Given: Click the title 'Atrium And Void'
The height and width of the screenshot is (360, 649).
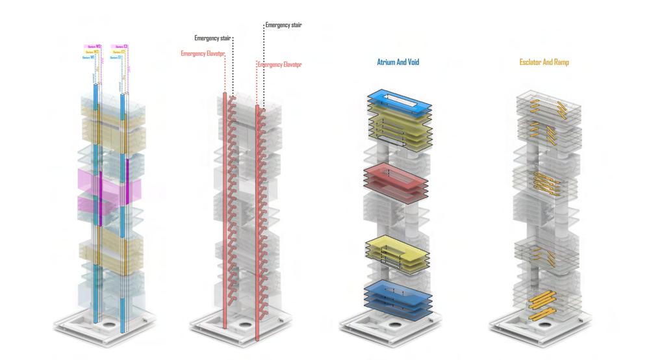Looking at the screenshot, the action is click(398, 63).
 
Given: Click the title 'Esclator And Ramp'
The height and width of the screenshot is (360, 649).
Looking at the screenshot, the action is click(544, 63).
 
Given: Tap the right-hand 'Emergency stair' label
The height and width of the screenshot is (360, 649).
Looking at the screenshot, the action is click(283, 25).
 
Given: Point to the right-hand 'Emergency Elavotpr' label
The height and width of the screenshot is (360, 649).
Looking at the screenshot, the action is click(280, 65).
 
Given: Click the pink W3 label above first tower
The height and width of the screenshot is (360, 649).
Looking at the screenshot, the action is click(94, 46).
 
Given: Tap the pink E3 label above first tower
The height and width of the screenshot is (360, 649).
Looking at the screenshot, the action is click(120, 46).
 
